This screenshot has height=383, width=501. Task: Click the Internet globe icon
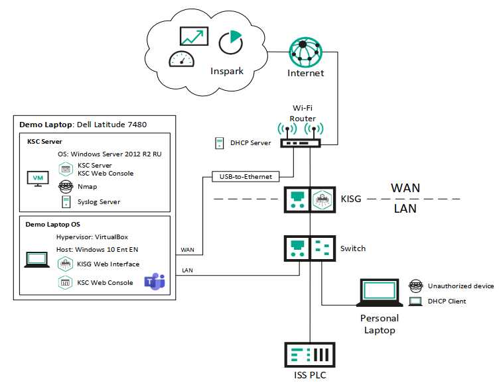(x=305, y=51)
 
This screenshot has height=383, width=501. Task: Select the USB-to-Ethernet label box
(x=245, y=176)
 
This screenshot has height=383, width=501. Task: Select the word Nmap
(x=88, y=187)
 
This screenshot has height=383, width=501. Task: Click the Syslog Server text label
(x=99, y=201)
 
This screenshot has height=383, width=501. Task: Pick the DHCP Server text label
(x=251, y=143)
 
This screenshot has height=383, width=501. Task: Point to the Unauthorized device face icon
(x=415, y=286)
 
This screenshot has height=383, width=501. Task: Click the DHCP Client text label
(x=447, y=301)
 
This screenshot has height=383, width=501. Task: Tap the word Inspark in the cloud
(x=227, y=71)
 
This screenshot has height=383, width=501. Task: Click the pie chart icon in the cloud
(x=230, y=42)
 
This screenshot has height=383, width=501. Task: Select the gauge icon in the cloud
(x=180, y=60)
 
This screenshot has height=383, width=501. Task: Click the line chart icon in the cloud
(x=194, y=37)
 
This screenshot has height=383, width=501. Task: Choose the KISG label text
(x=352, y=198)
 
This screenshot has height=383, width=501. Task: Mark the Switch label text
(x=352, y=248)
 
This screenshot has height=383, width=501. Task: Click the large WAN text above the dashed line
(x=405, y=188)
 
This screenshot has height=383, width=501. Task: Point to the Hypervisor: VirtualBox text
(x=98, y=236)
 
